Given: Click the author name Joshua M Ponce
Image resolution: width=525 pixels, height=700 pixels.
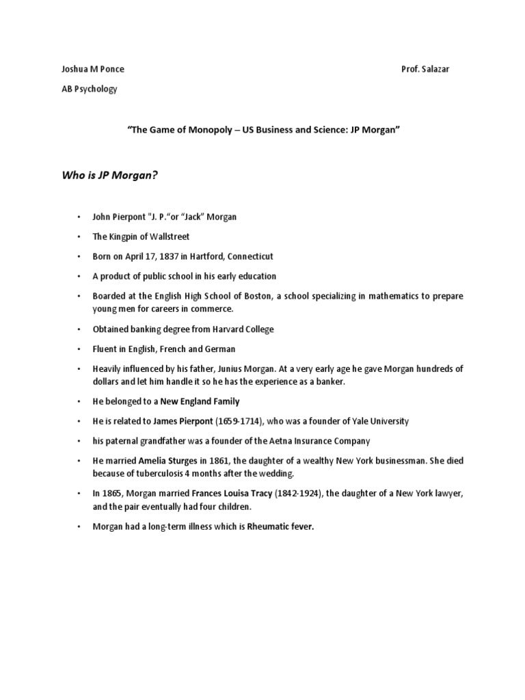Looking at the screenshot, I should point(92,69).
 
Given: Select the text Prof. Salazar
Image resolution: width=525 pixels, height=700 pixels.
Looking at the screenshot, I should point(425,69).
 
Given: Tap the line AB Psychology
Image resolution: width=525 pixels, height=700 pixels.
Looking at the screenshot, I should point(89,89).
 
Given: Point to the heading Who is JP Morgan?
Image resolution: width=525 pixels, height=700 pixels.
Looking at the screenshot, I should point(109,175).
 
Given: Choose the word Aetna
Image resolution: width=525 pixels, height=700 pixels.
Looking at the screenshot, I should point(280,441).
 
